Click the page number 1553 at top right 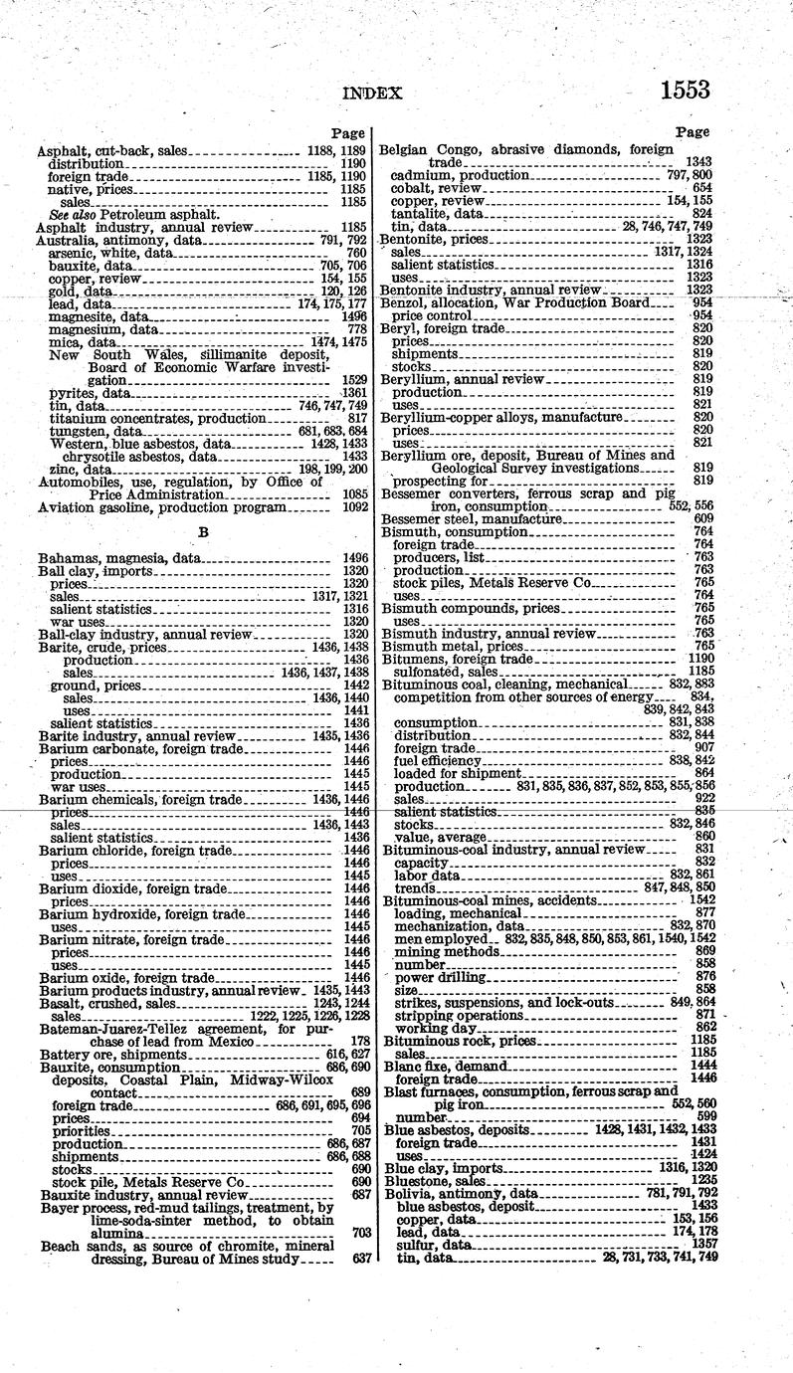click(x=684, y=90)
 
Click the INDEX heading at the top click(x=372, y=94)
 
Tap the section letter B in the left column click(x=203, y=532)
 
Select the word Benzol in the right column click(x=402, y=301)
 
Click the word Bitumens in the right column click(x=411, y=659)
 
